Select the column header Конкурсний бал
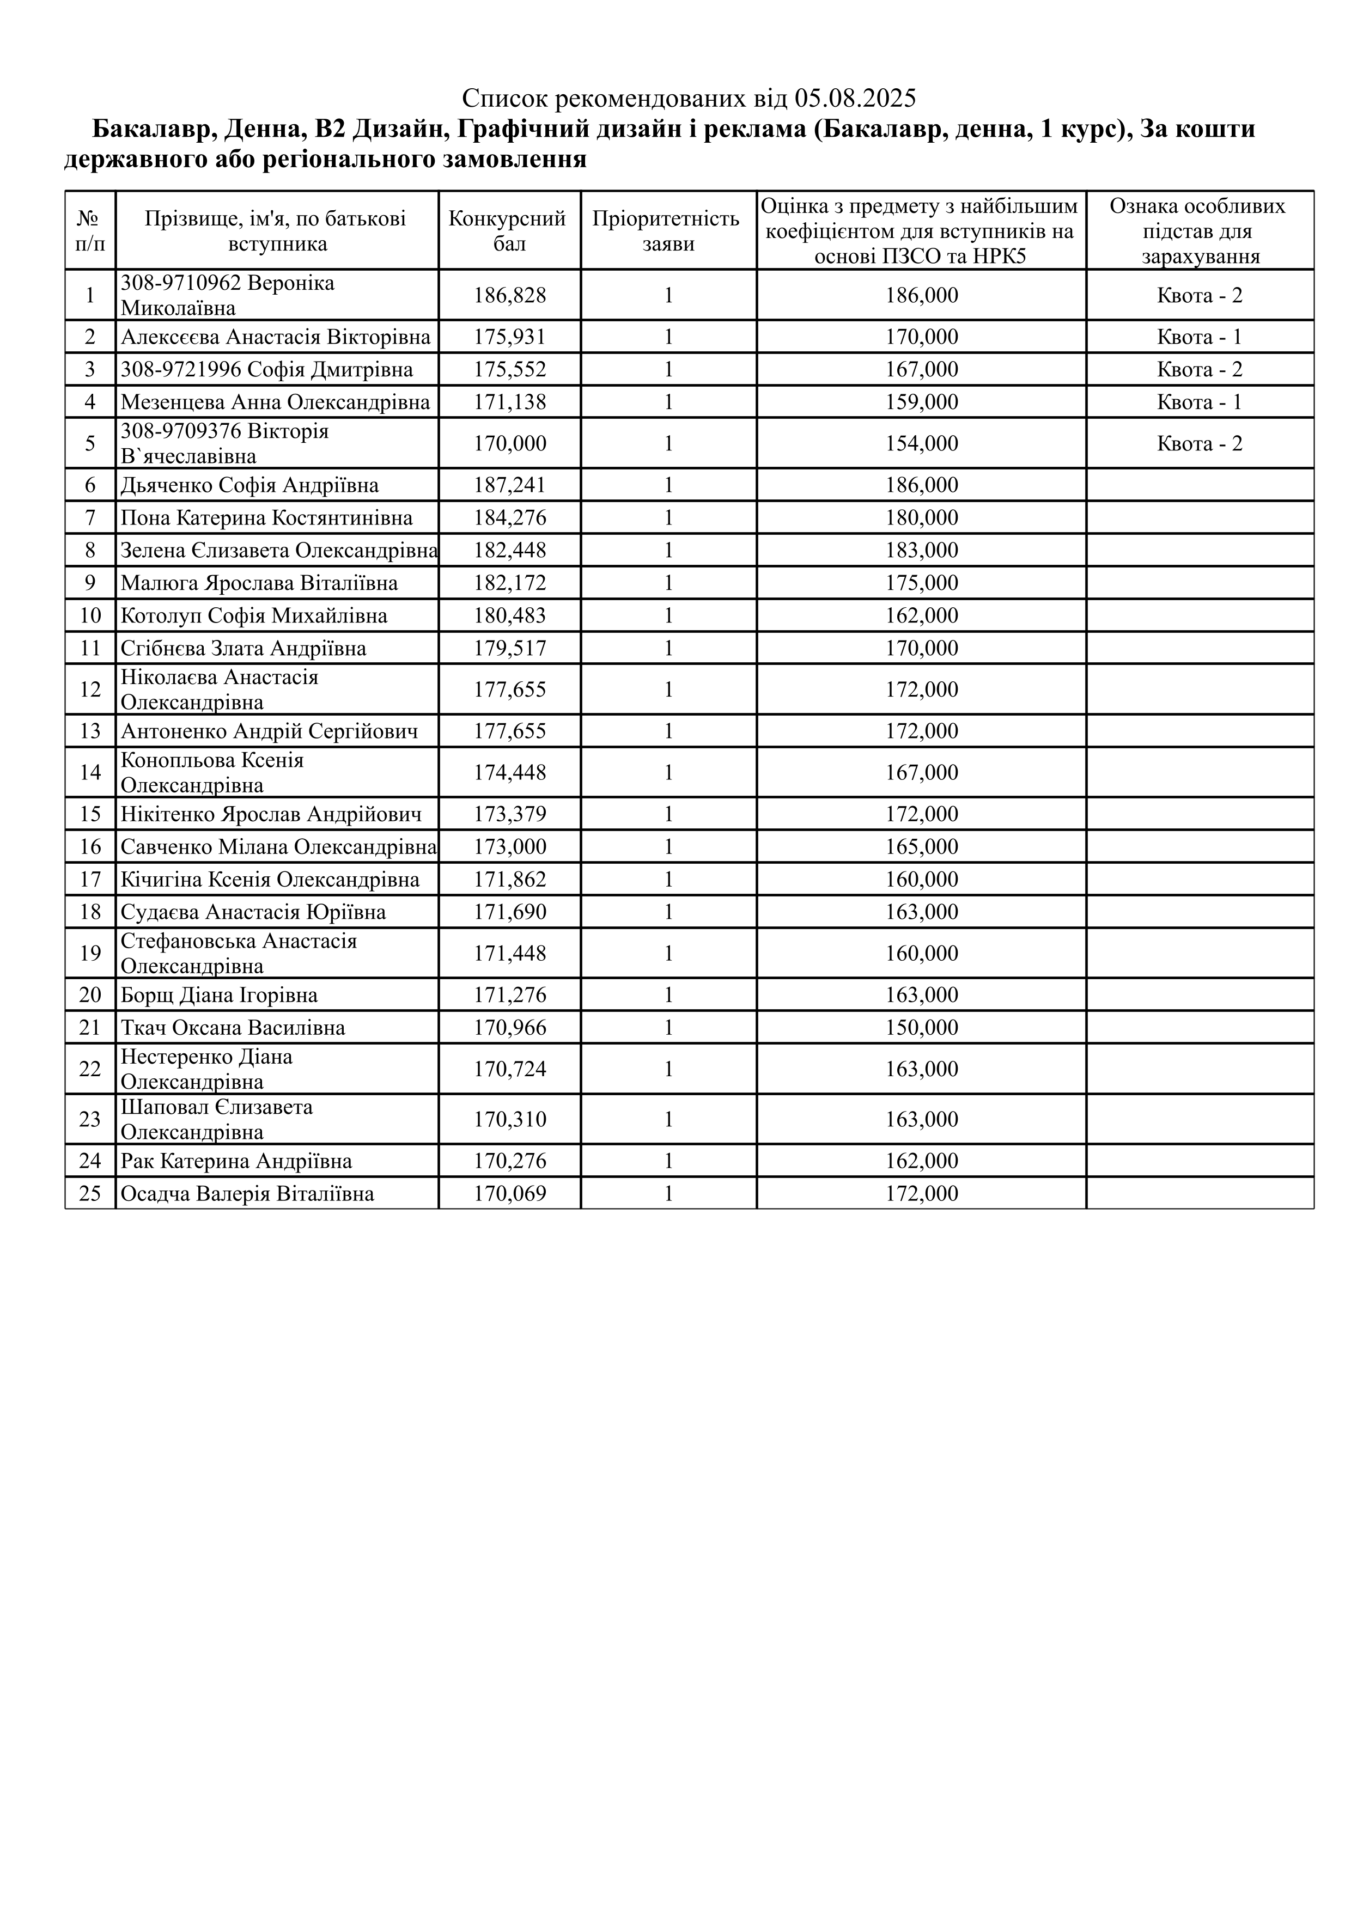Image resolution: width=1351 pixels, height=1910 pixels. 509,230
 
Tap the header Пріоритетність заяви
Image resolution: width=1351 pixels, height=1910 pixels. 667,230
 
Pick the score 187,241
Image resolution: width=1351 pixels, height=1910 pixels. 509,485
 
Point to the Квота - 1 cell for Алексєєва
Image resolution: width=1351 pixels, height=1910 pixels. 1199,337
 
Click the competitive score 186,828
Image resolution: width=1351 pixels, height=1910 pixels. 509,295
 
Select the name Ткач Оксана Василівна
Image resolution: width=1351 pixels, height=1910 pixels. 233,1028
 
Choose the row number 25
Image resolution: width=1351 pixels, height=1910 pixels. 90,1194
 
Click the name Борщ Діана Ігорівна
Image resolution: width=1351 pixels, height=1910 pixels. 219,995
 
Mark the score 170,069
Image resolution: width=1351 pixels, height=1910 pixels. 509,1194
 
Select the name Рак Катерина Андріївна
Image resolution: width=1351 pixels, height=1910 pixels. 236,1161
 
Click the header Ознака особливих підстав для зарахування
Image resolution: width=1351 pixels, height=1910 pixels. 1199,230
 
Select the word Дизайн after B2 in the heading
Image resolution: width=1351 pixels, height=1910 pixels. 402,130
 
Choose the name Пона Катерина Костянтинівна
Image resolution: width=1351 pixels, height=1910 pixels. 266,518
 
